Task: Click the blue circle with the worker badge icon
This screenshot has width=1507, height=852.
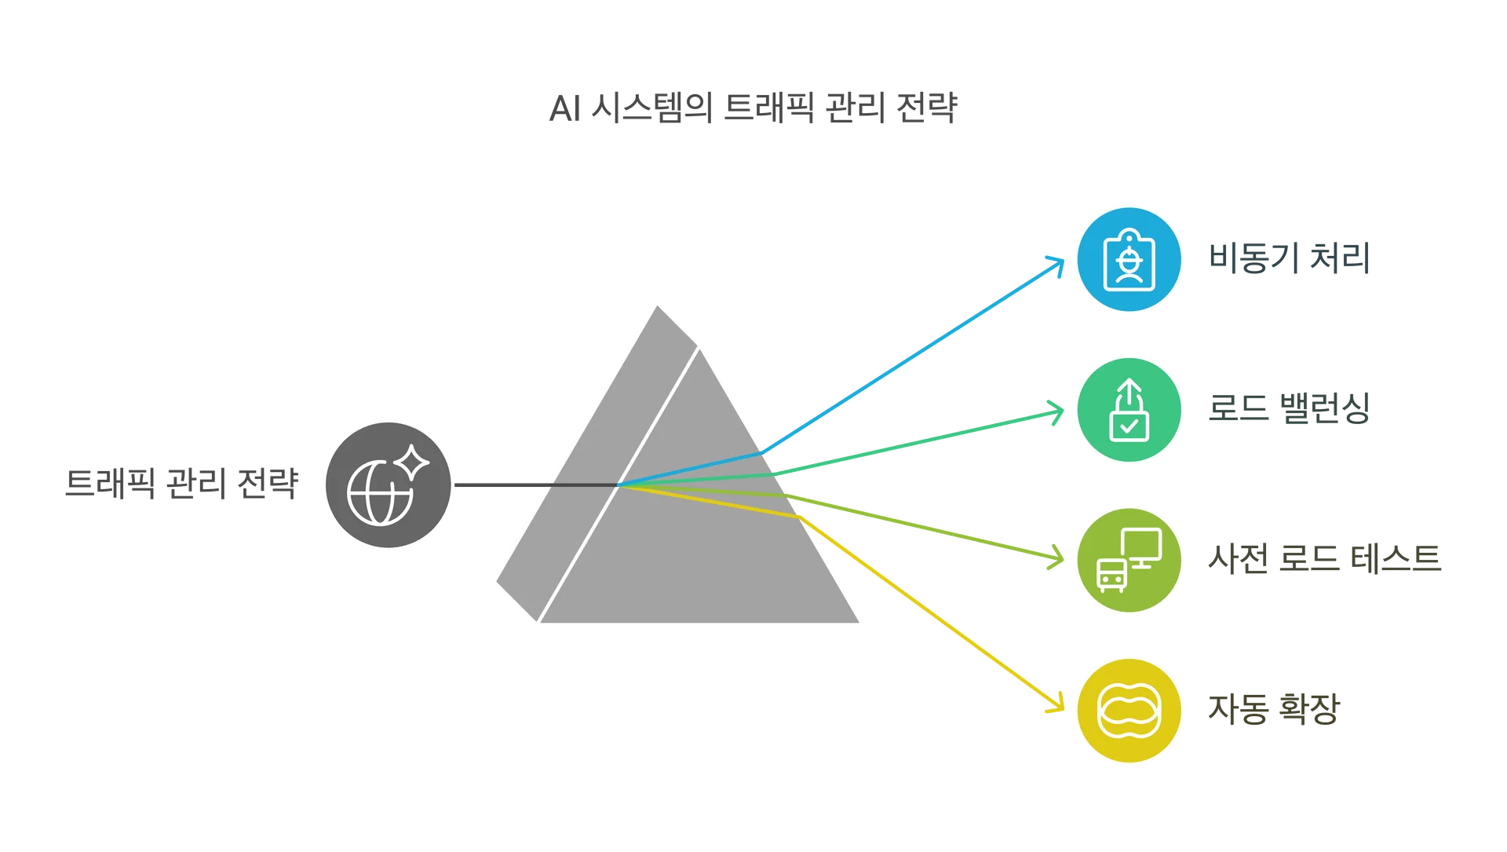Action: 1129,260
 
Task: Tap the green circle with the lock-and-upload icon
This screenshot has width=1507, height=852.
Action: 1129,411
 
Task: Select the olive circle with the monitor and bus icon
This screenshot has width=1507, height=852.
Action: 1129,561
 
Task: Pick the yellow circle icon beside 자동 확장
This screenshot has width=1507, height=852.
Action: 1129,712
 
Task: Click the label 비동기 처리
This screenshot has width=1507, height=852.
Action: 1287,258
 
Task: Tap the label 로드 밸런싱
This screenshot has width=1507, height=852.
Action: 1290,408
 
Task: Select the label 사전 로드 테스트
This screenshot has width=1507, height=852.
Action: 1324,559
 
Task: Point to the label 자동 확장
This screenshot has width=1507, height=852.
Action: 1273,709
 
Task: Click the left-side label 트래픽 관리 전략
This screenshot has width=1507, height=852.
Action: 181,484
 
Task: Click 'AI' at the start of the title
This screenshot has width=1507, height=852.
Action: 564,109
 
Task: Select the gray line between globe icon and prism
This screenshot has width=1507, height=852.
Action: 502,485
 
